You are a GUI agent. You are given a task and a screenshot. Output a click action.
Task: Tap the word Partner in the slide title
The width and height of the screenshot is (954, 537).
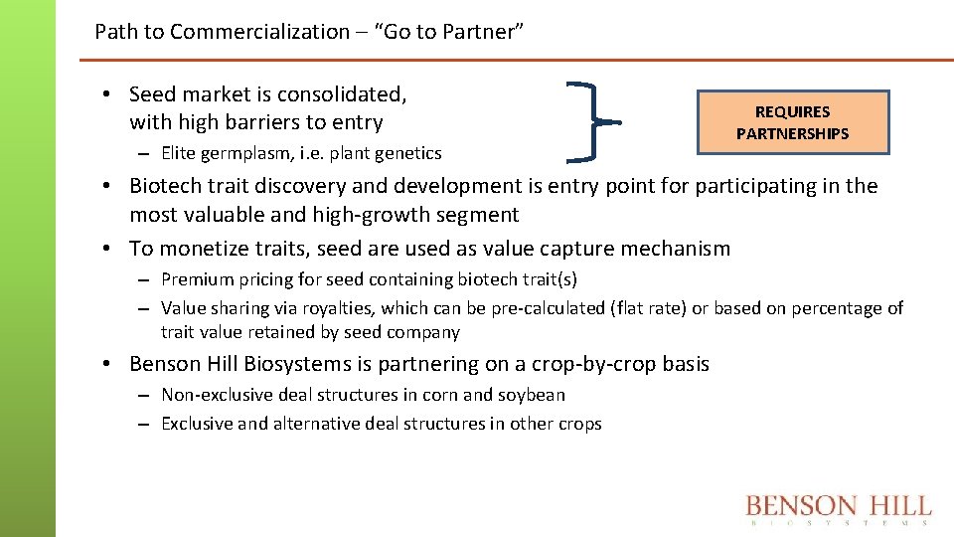click(478, 32)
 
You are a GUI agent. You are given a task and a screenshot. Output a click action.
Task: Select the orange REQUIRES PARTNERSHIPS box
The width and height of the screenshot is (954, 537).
click(792, 122)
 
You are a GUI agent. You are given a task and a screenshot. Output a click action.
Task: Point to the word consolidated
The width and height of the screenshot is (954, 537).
click(342, 94)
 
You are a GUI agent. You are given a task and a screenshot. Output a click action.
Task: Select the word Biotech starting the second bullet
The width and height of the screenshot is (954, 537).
click(164, 186)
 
